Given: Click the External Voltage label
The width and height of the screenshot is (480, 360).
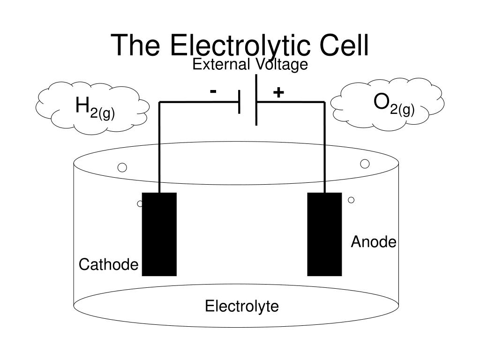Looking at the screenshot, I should [x=250, y=65].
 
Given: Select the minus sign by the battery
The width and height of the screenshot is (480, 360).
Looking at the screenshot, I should [x=213, y=91].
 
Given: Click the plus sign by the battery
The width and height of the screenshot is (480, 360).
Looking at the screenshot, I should [x=278, y=92].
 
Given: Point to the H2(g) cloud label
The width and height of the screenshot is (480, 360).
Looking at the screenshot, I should [x=95, y=108].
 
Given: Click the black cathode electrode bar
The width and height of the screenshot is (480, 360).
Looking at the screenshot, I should [x=159, y=234].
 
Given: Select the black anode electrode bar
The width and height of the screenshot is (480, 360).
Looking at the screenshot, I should [x=324, y=234].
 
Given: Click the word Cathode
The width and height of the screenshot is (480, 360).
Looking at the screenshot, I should [x=108, y=265].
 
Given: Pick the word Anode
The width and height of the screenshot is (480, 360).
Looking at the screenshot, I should [x=374, y=242].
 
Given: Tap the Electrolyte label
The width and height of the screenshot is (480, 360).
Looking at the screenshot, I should [x=242, y=307].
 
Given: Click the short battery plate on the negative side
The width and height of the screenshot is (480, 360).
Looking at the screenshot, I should [x=240, y=102].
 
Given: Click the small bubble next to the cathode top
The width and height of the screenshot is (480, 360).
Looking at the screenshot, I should [x=140, y=204].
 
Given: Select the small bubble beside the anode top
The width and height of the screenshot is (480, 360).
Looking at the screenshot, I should [x=351, y=200].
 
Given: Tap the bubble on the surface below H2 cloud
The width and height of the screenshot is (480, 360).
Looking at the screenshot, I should [x=122, y=167].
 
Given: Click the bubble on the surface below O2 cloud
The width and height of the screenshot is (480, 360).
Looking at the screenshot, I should [x=365, y=164].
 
